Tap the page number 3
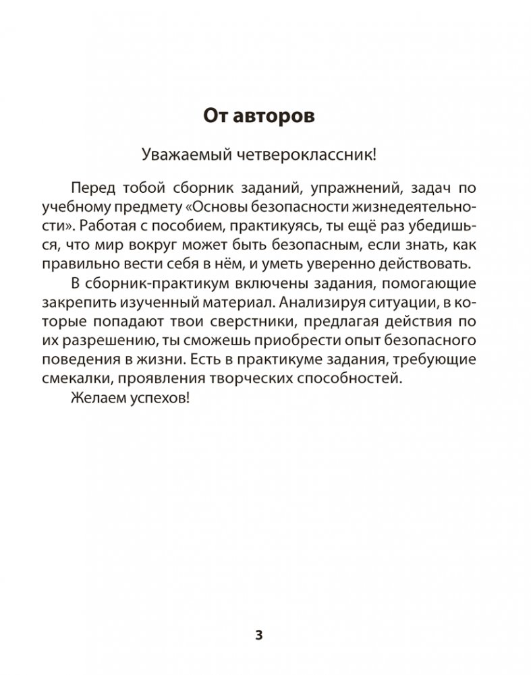point(258,635)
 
